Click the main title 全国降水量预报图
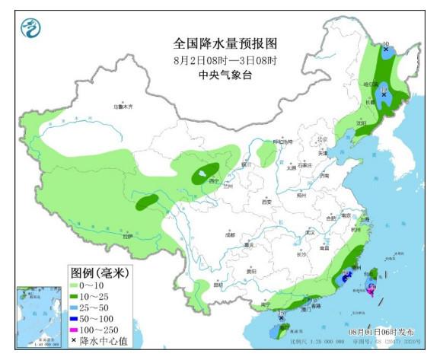220,43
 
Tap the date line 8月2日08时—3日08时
220,59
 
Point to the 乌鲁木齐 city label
123,107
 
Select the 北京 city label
322,139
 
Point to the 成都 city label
230,235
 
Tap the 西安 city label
266,202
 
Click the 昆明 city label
219,285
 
